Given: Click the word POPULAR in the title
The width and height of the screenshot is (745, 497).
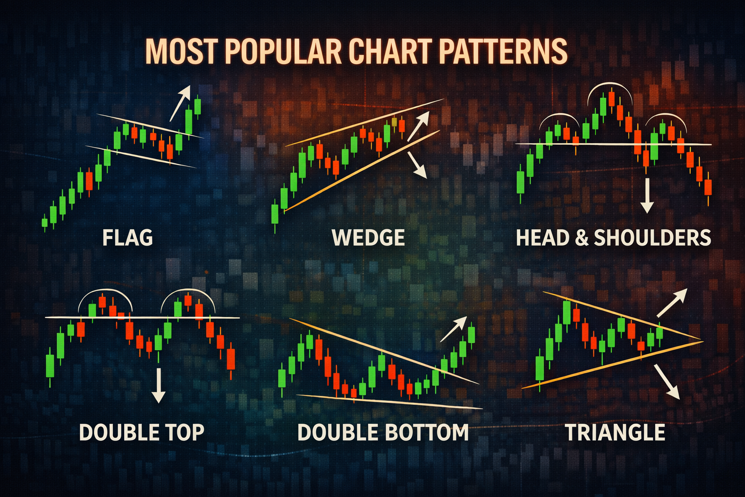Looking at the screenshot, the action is coord(284,52).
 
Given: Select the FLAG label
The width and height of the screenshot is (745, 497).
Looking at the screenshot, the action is coord(128,238).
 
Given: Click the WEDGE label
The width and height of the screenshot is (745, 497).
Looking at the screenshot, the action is coord(368,238).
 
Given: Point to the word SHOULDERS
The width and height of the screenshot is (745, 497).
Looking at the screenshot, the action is coord(652,238).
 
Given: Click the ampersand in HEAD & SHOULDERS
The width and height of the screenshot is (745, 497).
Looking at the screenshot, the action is coord(582,238).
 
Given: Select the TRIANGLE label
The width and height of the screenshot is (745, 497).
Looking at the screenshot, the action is coord(615,432).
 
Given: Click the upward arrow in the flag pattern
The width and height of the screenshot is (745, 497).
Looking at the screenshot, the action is coord(180,103).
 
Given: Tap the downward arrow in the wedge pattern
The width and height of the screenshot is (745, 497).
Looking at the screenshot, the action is coord(417,165).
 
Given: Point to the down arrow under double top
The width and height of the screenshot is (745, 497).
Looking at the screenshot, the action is coord(158,385).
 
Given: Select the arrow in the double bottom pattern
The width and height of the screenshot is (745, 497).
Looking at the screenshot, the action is coord(453,329).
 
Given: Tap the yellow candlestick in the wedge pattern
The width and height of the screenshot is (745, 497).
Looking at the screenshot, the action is coord(394,122).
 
